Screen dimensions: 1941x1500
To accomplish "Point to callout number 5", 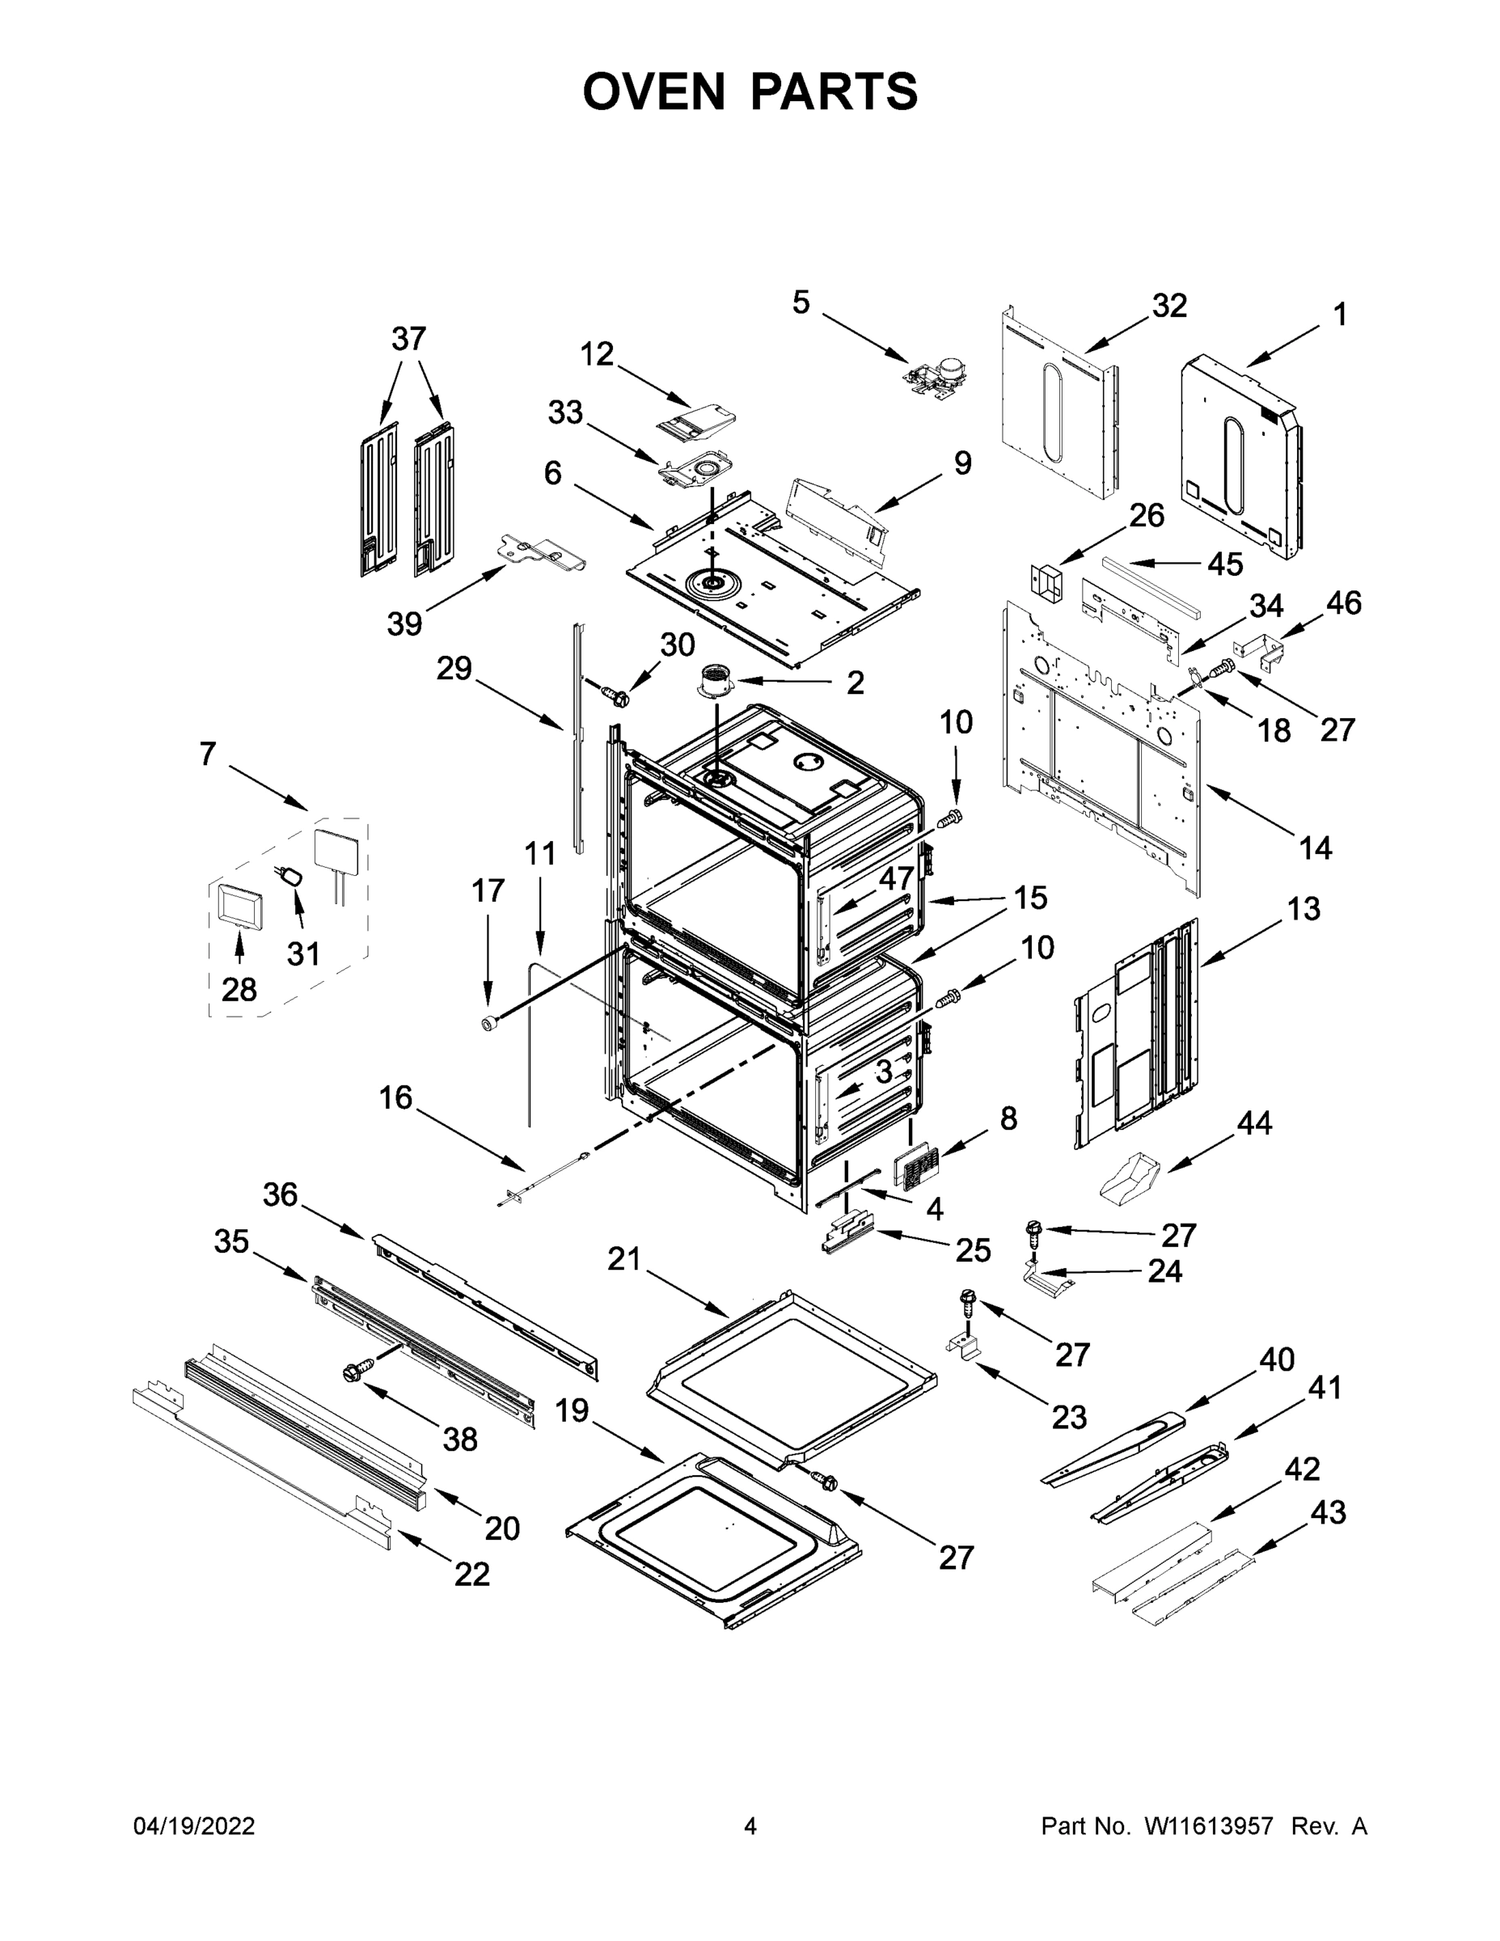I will pyautogui.click(x=801, y=303).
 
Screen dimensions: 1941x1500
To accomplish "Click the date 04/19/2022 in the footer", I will pyautogui.click(x=194, y=1826).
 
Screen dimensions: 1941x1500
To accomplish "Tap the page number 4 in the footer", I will pyautogui.click(x=750, y=1826).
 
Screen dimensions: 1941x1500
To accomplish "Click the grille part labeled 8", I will pyautogui.click(x=915, y=1168).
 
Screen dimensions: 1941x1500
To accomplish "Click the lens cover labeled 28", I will pyautogui.click(x=239, y=907).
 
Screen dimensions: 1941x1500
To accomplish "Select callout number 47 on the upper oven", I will pyautogui.click(x=897, y=878).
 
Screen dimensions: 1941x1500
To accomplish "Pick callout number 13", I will pyautogui.click(x=1303, y=908).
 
